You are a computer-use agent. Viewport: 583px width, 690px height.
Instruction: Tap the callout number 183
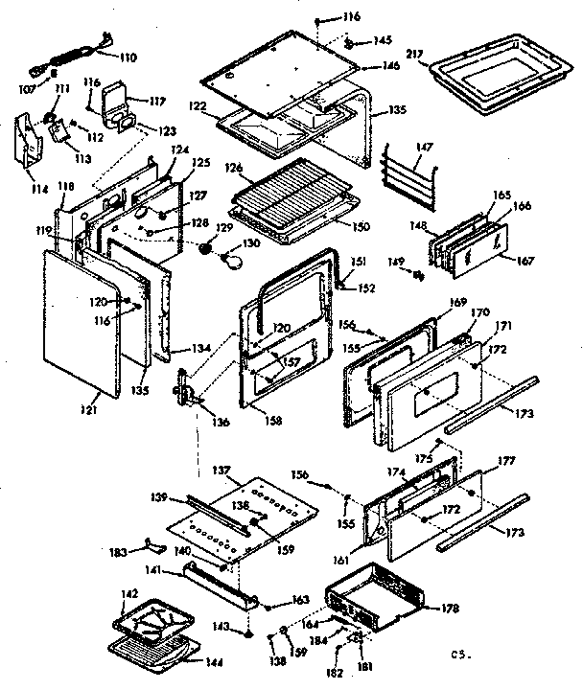coord(118,553)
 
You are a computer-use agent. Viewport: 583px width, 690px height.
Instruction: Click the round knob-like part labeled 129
coord(205,247)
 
